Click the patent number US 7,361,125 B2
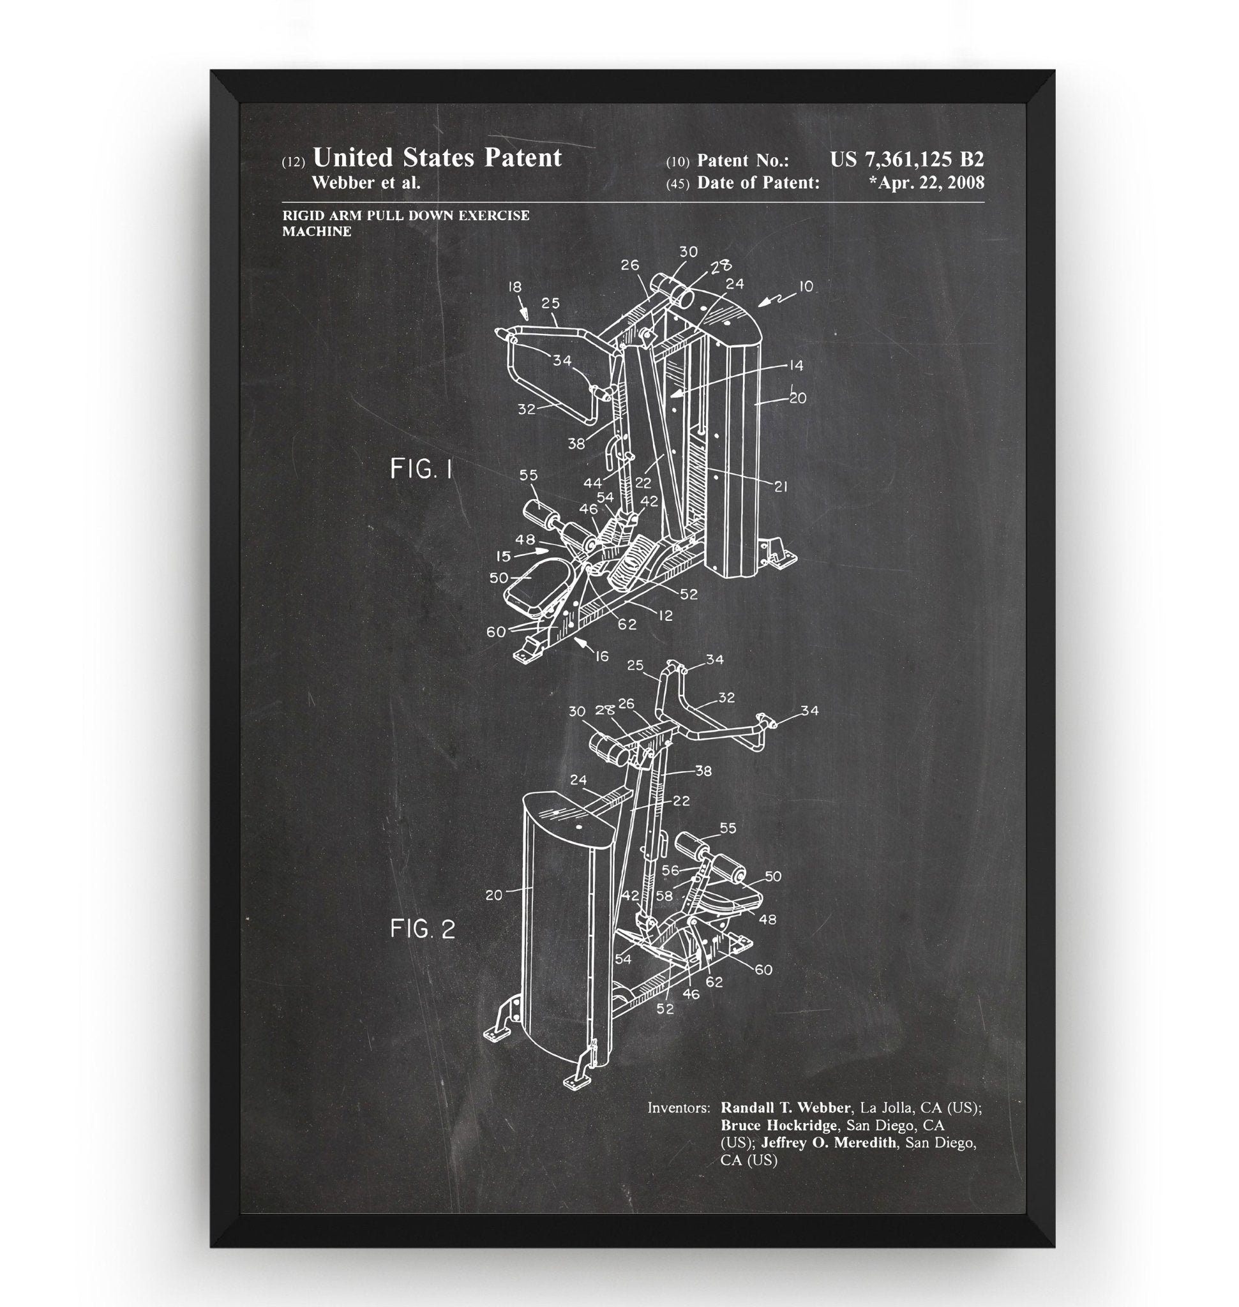tap(906, 159)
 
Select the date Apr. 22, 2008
tap(928, 183)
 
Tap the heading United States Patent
tap(437, 158)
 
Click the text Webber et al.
tap(366, 183)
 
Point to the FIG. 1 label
tap(421, 469)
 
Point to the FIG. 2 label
tap(422, 929)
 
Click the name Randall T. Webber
tap(785, 1107)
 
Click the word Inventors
tap(679, 1107)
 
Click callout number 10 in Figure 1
tap(806, 287)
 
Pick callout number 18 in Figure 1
tap(515, 287)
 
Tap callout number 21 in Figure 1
tap(781, 487)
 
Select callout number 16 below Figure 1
tap(602, 656)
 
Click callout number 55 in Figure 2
tap(728, 828)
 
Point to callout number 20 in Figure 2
tap(494, 895)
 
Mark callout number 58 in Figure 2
tap(664, 896)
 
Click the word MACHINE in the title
tap(317, 231)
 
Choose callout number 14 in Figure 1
tap(796, 365)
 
